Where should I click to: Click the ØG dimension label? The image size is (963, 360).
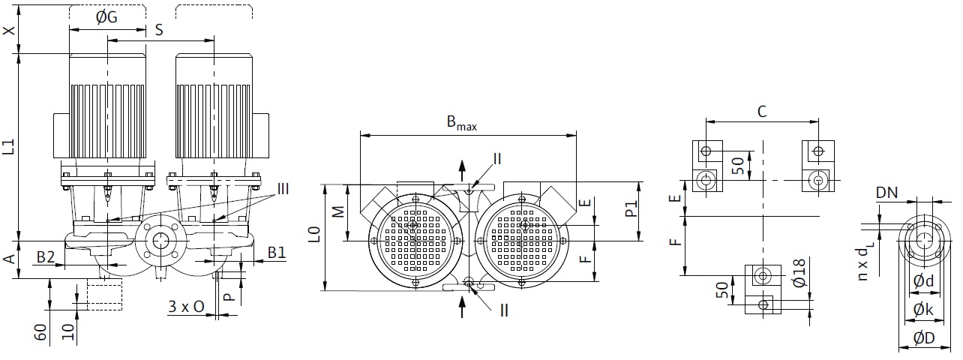tap(106, 17)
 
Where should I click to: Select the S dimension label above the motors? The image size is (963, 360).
tap(159, 30)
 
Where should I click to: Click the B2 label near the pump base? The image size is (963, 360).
tap(46, 256)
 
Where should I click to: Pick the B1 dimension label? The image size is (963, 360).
tap(277, 253)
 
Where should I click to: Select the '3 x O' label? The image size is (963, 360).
tap(186, 307)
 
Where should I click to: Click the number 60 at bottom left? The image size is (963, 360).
tap(40, 332)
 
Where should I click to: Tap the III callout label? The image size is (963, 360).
tap(283, 189)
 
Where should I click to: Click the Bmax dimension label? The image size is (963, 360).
tap(462, 123)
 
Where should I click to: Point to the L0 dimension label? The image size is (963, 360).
tap(315, 235)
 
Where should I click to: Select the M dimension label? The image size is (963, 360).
tap(339, 212)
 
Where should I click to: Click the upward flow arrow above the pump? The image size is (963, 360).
tap(462, 171)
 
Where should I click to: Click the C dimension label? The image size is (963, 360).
tap(762, 112)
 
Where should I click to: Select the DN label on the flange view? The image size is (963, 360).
tap(887, 193)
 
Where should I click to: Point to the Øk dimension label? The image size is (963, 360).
tap(923, 309)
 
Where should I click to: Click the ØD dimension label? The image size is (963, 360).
tap(924, 338)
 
